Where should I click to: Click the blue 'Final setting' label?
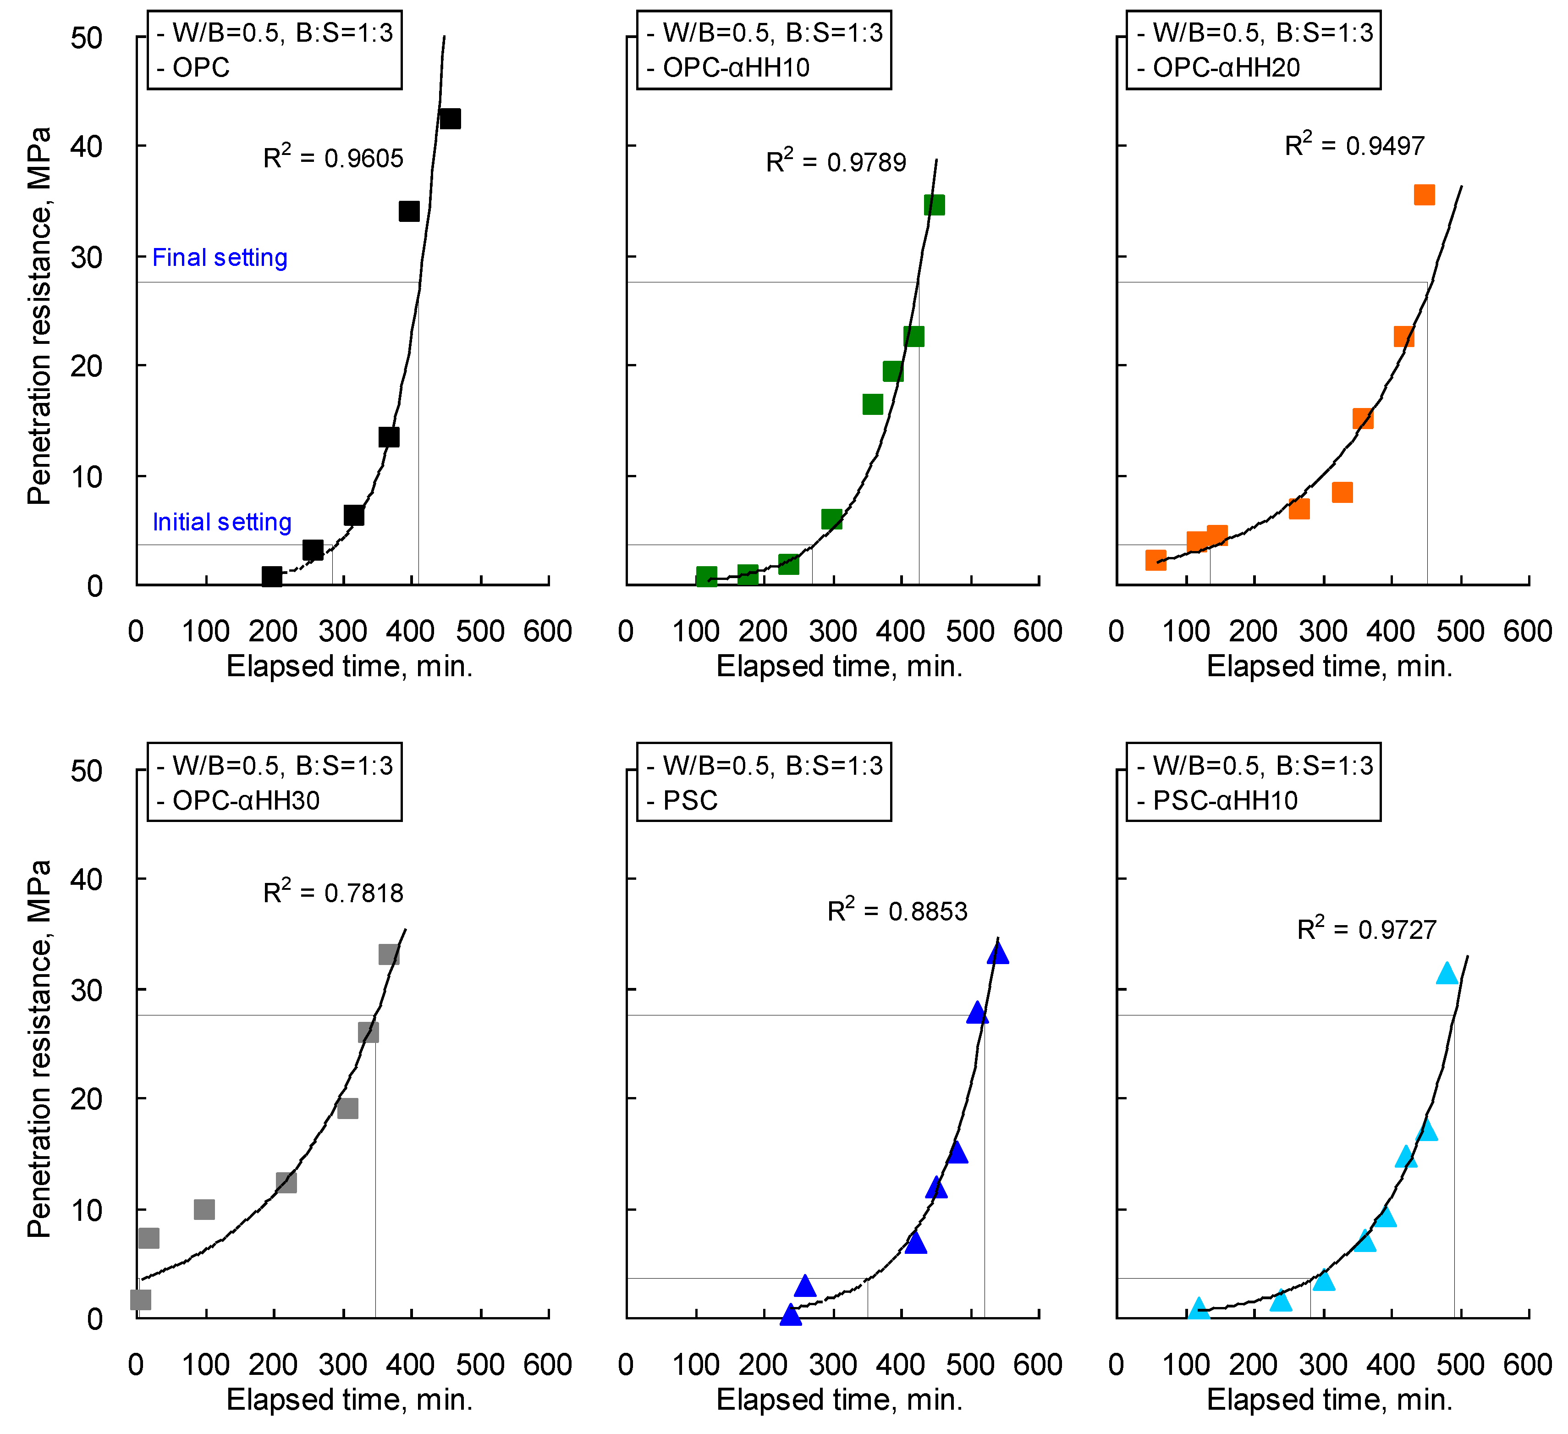pos(220,258)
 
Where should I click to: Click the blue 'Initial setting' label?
pos(222,522)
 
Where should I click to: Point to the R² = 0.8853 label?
pos(897,911)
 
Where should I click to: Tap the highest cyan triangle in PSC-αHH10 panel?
pos(1446,973)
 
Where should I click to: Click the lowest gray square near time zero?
pos(140,1299)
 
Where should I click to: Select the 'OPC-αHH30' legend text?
pos(246,800)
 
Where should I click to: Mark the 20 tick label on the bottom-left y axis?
pos(86,1099)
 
